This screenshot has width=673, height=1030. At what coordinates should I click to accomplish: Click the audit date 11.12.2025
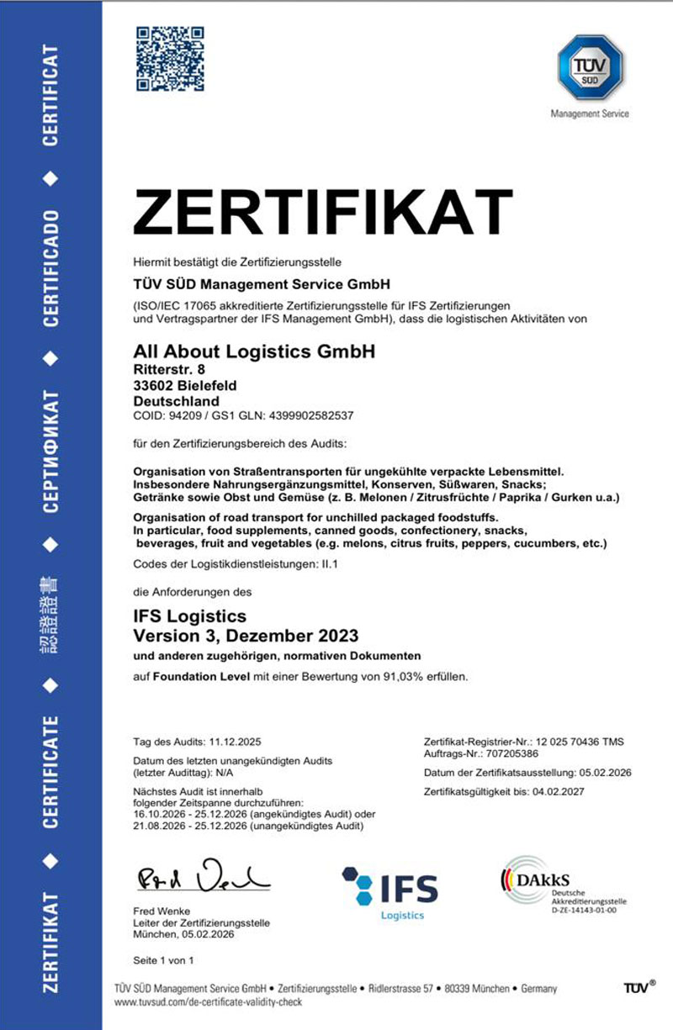235,742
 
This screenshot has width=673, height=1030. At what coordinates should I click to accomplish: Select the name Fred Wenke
162,911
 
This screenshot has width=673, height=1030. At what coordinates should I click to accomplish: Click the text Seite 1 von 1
164,959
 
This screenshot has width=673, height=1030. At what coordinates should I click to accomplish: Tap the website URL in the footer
207,1003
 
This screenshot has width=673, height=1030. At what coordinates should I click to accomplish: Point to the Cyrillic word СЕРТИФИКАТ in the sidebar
50,449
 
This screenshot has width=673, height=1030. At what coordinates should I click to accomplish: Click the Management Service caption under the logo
590,114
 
